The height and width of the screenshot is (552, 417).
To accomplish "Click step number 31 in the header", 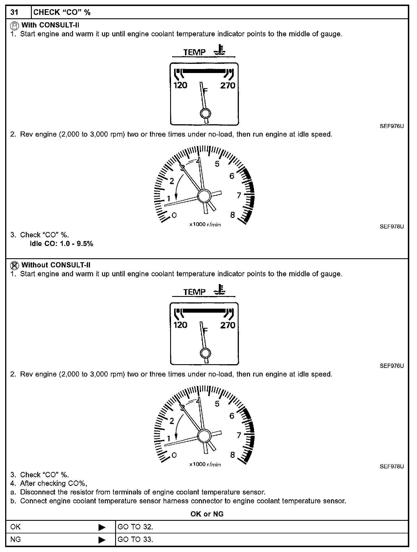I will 14,12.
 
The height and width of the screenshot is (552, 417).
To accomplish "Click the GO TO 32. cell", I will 135,527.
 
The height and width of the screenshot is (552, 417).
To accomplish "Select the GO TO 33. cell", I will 135,539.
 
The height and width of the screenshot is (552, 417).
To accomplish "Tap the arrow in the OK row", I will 102,527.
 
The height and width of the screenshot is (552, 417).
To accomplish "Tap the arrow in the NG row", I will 102,540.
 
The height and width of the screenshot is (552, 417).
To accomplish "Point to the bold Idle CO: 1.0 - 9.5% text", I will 62,244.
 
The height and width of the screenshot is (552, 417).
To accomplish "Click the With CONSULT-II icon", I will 14,26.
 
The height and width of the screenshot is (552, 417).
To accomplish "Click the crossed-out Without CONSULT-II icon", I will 14,265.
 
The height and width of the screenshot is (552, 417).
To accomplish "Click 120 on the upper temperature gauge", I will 180,85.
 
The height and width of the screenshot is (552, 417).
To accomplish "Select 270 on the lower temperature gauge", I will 228,325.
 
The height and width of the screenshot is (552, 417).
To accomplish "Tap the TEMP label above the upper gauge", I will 194,52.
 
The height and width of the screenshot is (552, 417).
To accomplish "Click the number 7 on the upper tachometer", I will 239,196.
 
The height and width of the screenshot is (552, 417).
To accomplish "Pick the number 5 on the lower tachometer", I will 217,404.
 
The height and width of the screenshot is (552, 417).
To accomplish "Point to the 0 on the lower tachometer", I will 174,455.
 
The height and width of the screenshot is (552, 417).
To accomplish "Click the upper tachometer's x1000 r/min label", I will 205,224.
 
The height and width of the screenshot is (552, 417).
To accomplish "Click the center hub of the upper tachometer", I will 204,196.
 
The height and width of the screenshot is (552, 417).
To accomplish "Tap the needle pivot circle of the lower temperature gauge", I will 205,353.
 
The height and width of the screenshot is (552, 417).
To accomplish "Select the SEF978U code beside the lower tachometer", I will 392,466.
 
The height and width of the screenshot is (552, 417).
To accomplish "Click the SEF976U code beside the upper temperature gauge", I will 392,126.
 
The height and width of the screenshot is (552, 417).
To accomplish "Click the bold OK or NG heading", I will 207,514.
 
